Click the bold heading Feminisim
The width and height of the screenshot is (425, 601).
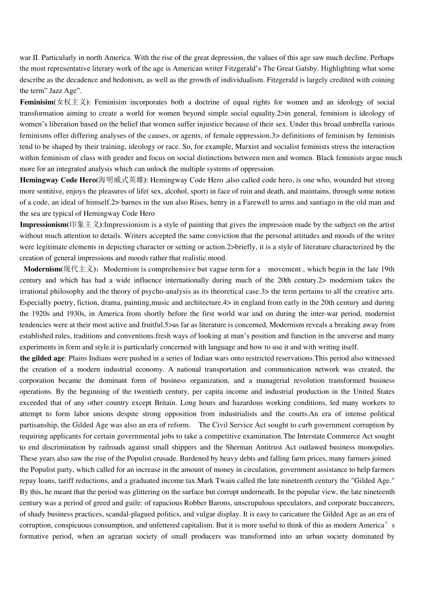click(36, 102)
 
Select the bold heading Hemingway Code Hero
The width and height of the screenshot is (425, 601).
click(58, 180)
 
